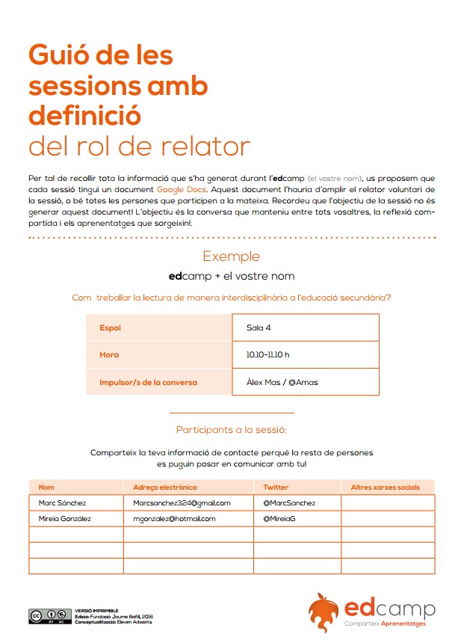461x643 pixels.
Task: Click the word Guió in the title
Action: click(x=63, y=55)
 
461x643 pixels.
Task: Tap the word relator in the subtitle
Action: click(x=207, y=147)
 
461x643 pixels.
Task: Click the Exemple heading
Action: click(x=232, y=256)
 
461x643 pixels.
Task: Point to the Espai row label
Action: click(x=110, y=327)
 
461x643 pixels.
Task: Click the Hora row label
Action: click(x=109, y=354)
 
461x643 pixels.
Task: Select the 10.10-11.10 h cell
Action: click(x=267, y=354)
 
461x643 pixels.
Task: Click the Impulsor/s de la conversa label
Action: click(x=148, y=382)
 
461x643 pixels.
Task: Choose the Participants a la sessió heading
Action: click(x=232, y=430)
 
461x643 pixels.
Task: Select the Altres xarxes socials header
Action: click(x=386, y=487)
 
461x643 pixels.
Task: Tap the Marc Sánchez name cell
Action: click(x=62, y=503)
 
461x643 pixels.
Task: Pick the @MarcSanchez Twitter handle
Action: click(x=289, y=503)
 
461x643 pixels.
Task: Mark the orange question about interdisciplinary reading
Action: click(x=232, y=297)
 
